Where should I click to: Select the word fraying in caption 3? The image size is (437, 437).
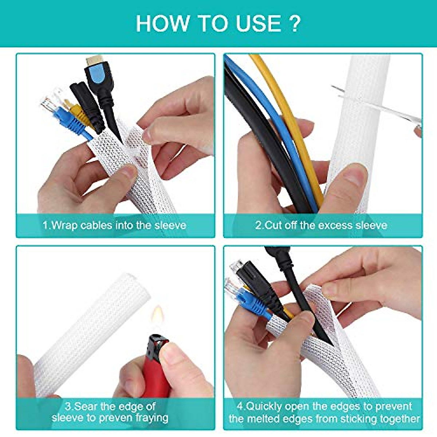click(152, 418)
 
